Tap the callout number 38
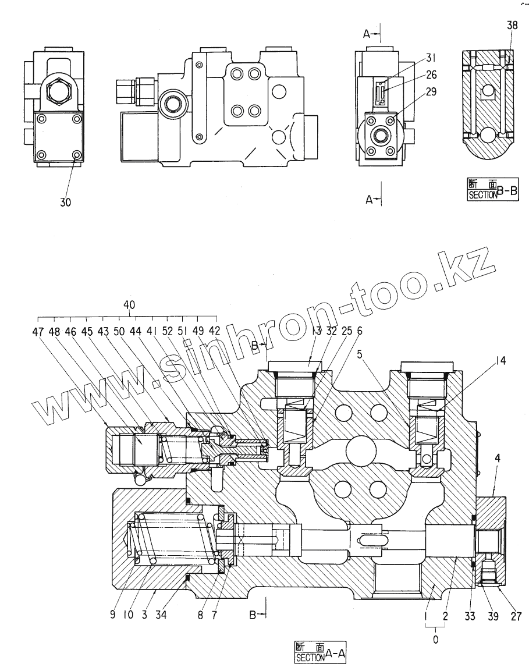click(512, 26)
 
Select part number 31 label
click(430, 57)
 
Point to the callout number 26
click(431, 74)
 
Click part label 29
click(431, 91)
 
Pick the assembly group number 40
click(129, 304)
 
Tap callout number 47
click(38, 331)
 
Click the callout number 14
click(500, 361)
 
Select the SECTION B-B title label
click(492, 190)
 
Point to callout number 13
click(317, 331)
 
